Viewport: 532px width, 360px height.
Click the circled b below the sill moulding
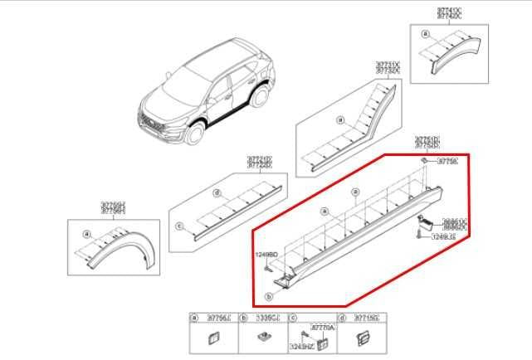pos(268,295)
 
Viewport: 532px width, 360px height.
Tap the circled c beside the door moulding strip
pos(178,225)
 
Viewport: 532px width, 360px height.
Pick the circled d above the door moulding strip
pos(217,193)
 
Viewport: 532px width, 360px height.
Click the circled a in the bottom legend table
pos(194,319)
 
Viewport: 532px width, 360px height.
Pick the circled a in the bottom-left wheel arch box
pos(86,235)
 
